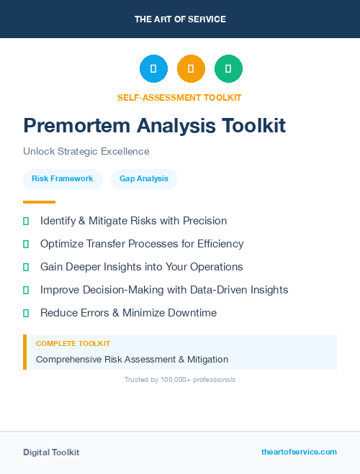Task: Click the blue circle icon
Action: [x=153, y=69]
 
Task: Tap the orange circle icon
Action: [x=191, y=69]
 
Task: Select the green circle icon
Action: [x=228, y=69]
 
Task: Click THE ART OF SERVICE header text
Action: [x=180, y=19]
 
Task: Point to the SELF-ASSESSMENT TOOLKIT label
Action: [x=179, y=97]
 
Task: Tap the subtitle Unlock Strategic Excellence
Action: [x=86, y=152]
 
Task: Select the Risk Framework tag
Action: [x=63, y=178]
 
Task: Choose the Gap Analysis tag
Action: [x=144, y=178]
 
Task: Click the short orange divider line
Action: [x=39, y=202]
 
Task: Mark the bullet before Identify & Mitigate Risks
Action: [x=26, y=221]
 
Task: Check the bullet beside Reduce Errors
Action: [x=26, y=313]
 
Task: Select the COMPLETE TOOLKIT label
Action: [x=73, y=344]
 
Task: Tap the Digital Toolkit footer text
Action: [x=51, y=452]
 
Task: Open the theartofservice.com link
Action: [x=299, y=452]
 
